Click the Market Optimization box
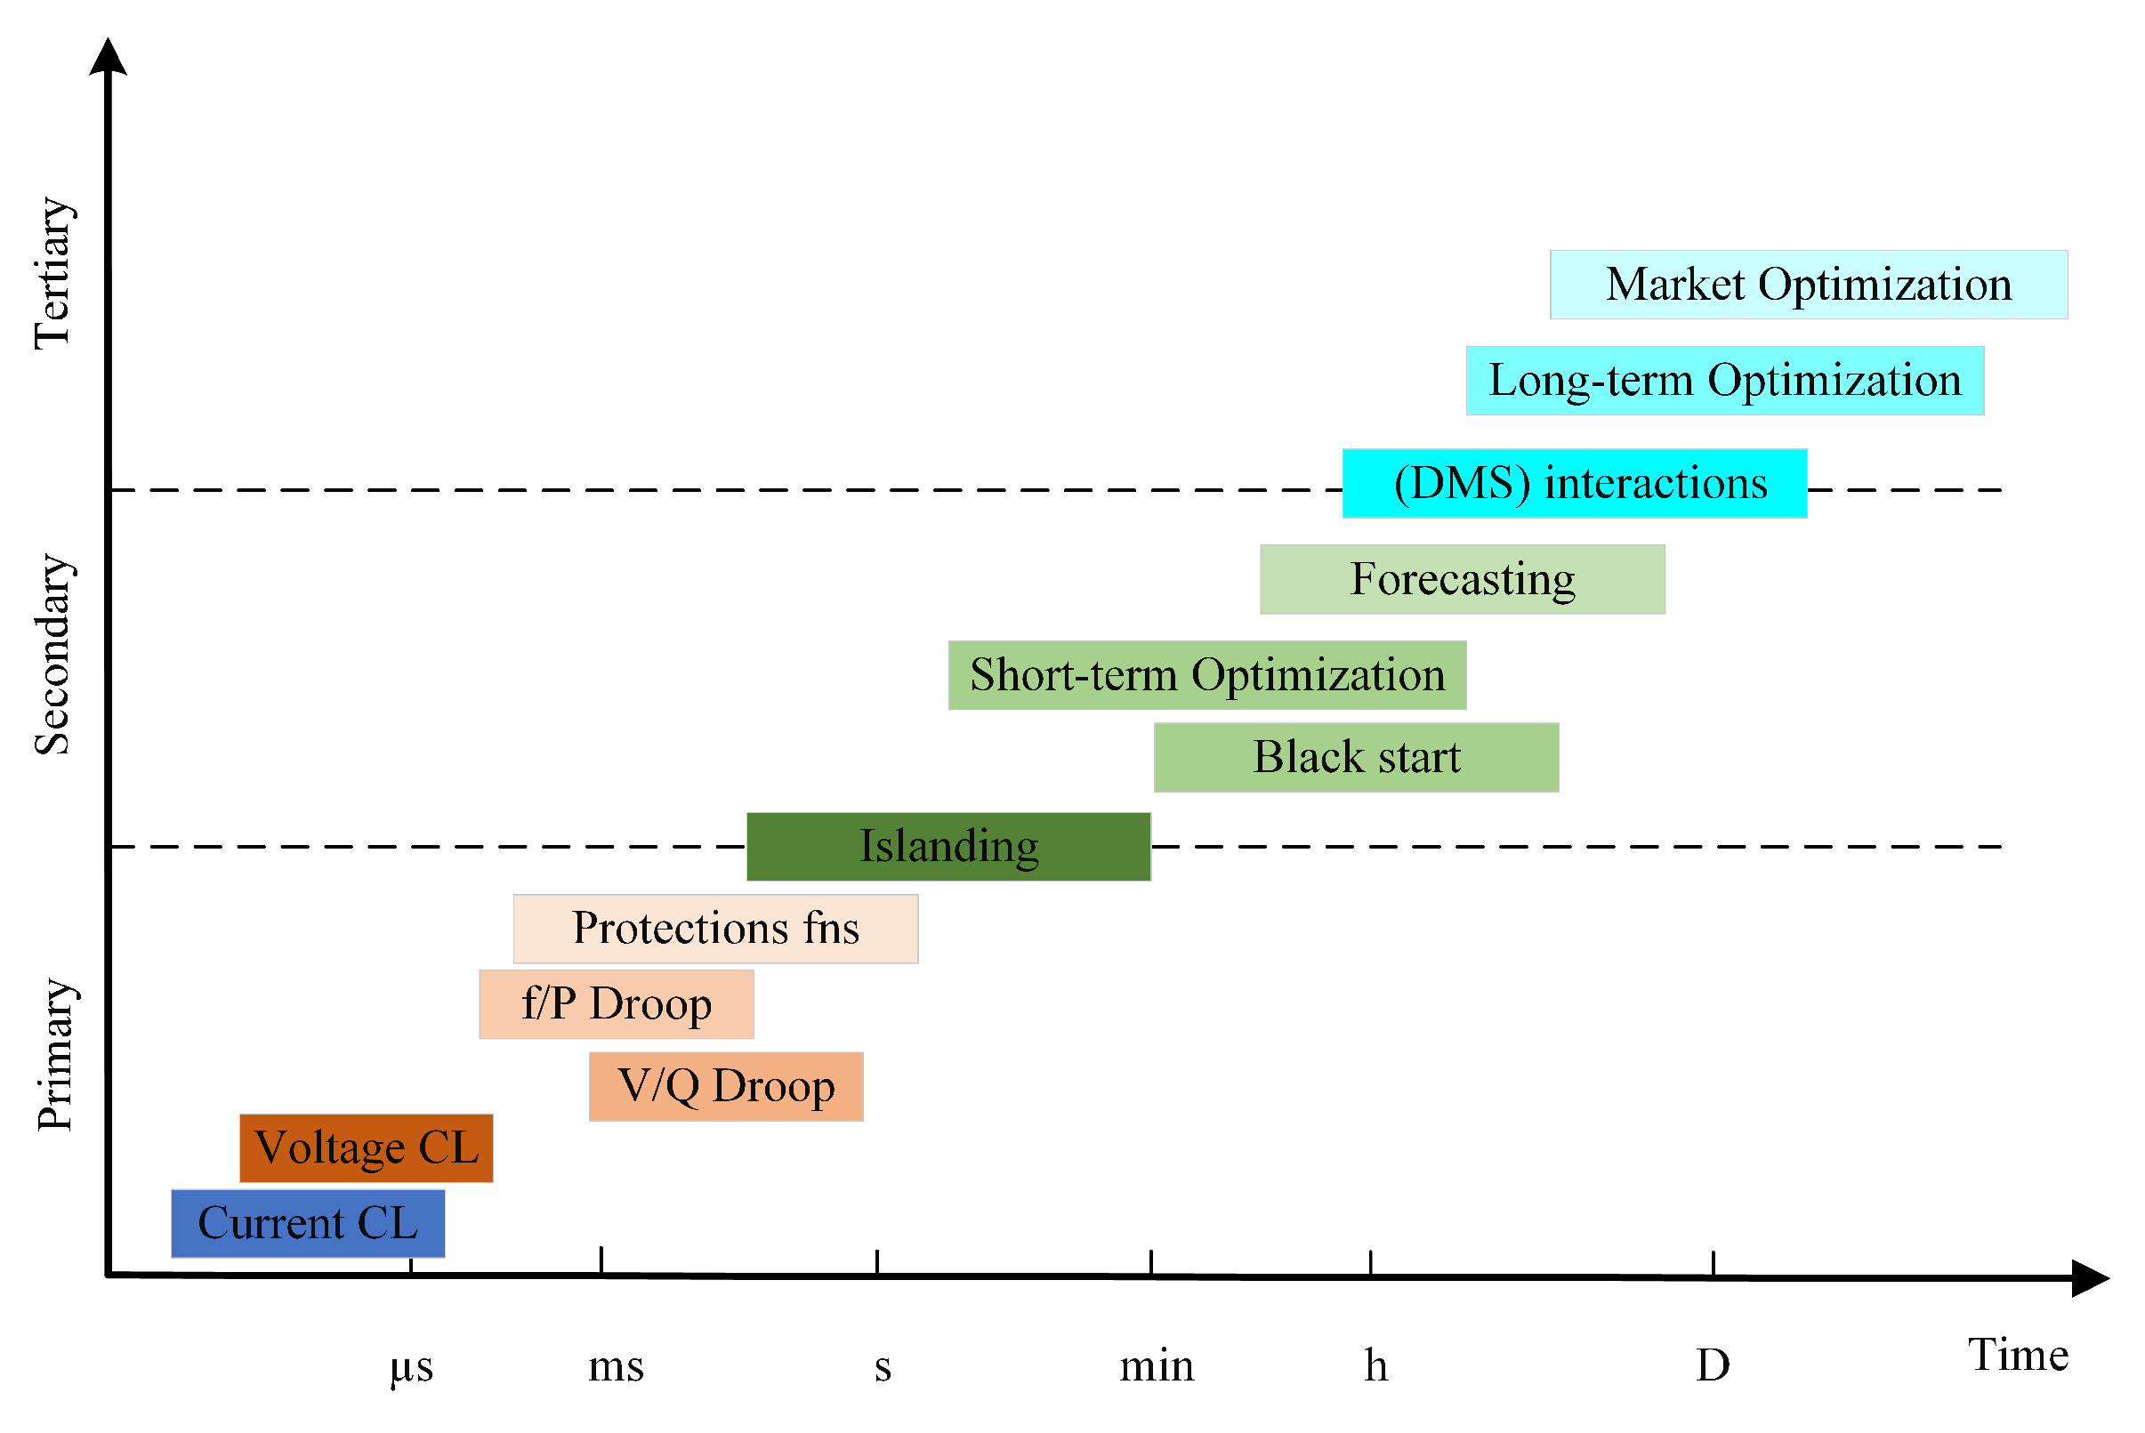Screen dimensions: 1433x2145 [1808, 285]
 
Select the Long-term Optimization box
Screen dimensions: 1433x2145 [1724, 380]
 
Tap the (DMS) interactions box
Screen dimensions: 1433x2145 [1574, 484]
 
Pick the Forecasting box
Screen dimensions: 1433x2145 [1463, 579]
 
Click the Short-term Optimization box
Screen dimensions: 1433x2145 [1206, 675]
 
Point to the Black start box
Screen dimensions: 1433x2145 [1356, 758]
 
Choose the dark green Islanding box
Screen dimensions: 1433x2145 [948, 846]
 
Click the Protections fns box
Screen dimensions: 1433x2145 [715, 929]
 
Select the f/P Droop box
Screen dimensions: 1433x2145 [616, 1004]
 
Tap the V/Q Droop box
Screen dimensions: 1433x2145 [726, 1087]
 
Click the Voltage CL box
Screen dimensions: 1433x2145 [367, 1147]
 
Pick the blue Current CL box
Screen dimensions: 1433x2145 [308, 1224]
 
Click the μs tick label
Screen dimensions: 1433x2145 [411, 1367]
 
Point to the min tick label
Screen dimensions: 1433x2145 [1156, 1366]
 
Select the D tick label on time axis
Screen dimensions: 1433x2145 [1713, 1366]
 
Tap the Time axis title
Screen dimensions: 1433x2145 [2018, 1356]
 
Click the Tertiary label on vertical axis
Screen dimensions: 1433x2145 [53, 273]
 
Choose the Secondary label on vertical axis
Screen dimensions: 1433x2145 [53, 655]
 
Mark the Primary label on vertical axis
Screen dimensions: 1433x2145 [55, 1055]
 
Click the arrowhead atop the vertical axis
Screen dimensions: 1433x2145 [108, 57]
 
